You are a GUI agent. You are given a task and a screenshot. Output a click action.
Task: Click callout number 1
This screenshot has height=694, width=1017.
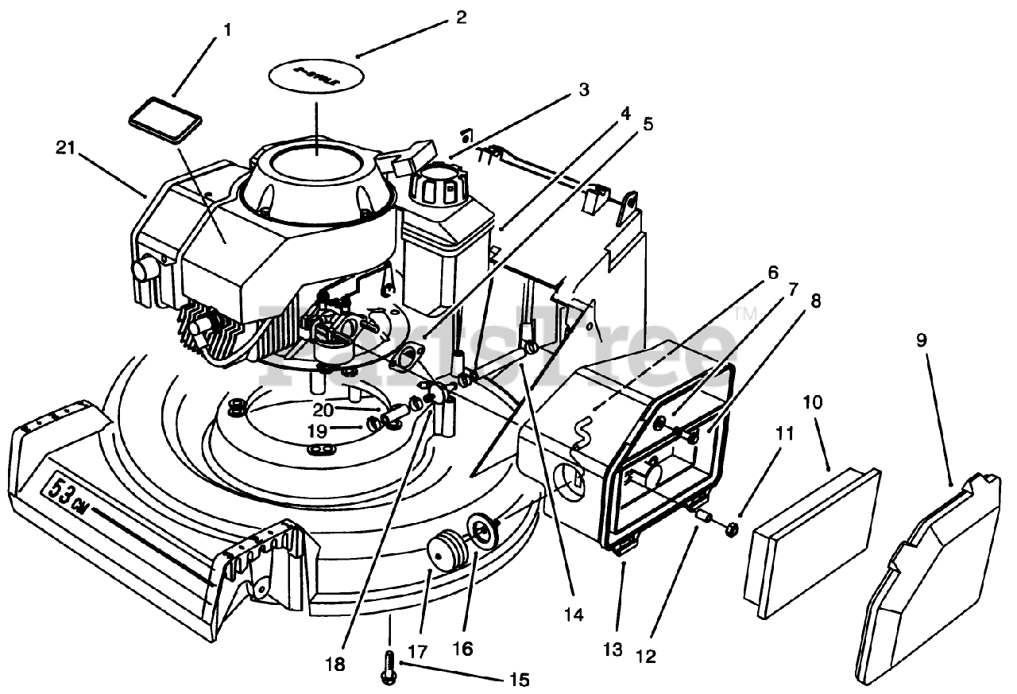tap(228, 30)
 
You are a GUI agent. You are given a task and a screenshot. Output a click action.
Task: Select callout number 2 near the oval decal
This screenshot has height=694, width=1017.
tap(461, 17)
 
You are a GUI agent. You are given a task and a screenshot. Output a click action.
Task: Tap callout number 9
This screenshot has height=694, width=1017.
tap(921, 340)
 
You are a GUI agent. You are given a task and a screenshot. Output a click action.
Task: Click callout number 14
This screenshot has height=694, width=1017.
tap(573, 615)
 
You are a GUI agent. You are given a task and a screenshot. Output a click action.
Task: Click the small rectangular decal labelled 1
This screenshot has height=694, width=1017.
tap(166, 118)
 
